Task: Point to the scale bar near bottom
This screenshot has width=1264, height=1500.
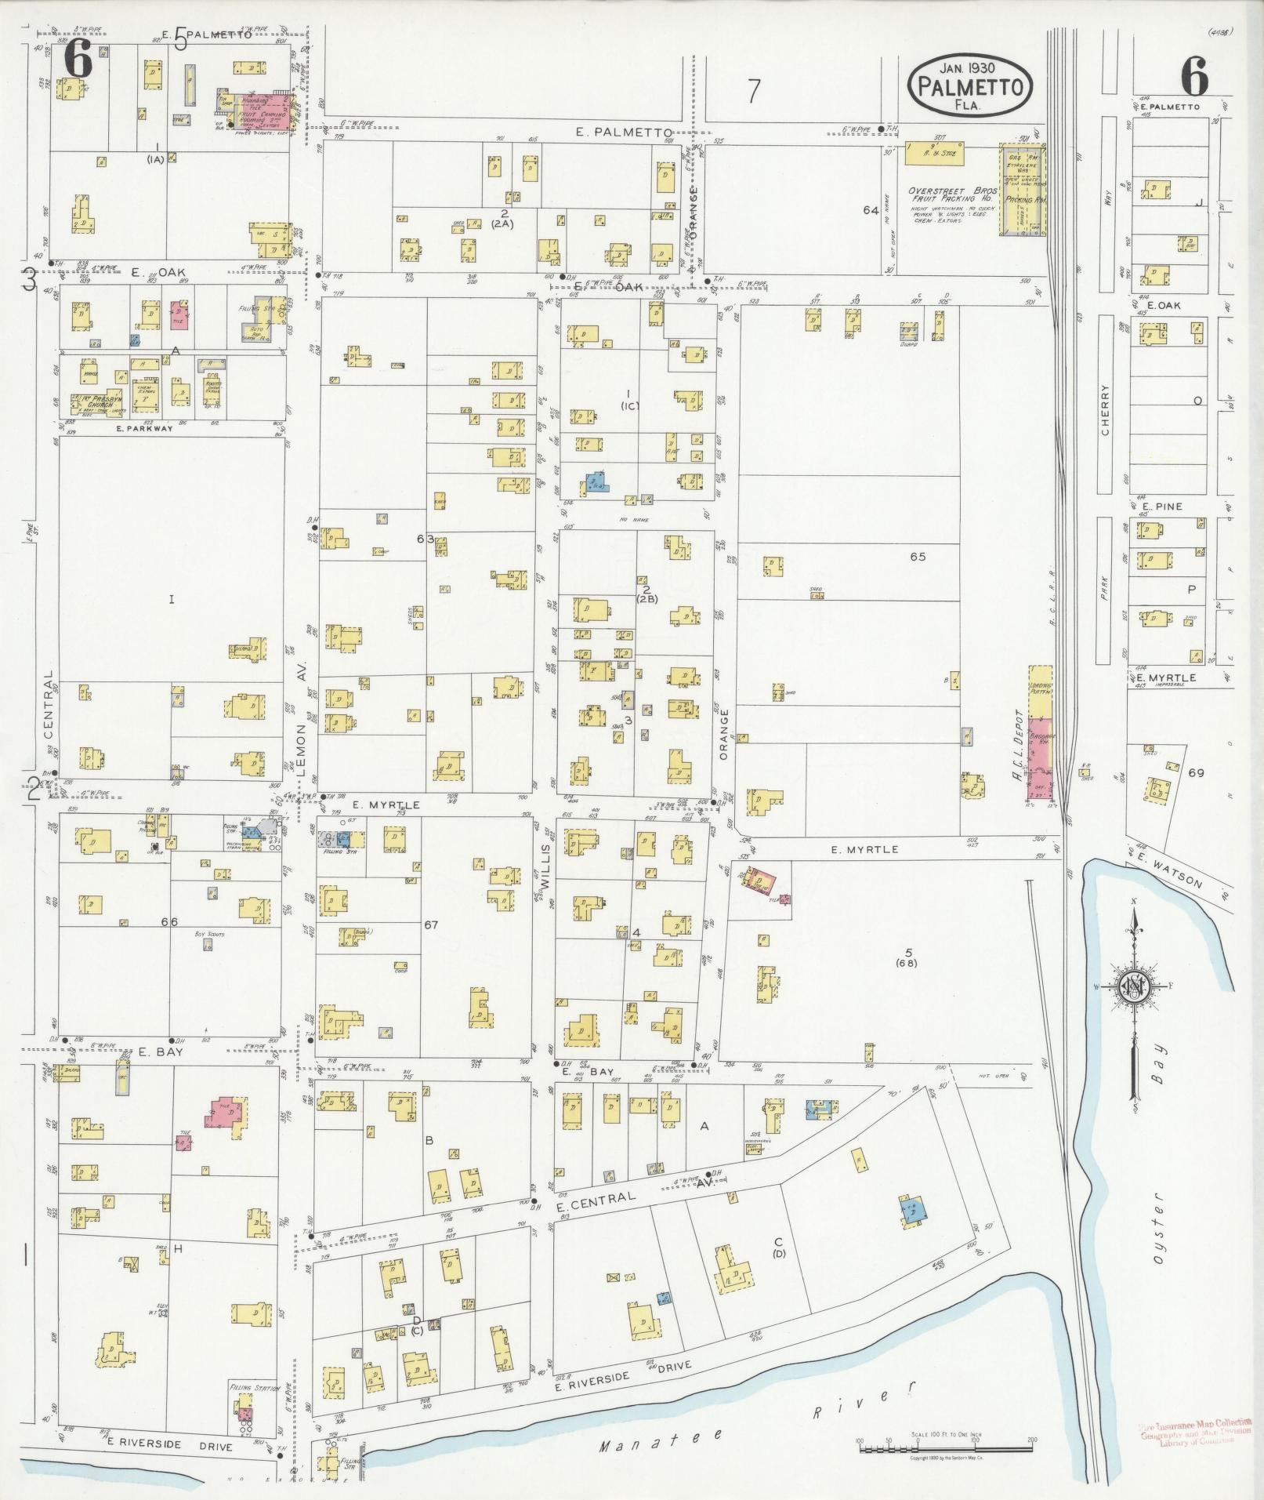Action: (946, 1445)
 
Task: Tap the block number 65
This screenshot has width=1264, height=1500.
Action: (918, 557)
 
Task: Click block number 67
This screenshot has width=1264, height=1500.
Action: (431, 925)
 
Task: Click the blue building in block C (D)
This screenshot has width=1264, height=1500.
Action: (914, 1208)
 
